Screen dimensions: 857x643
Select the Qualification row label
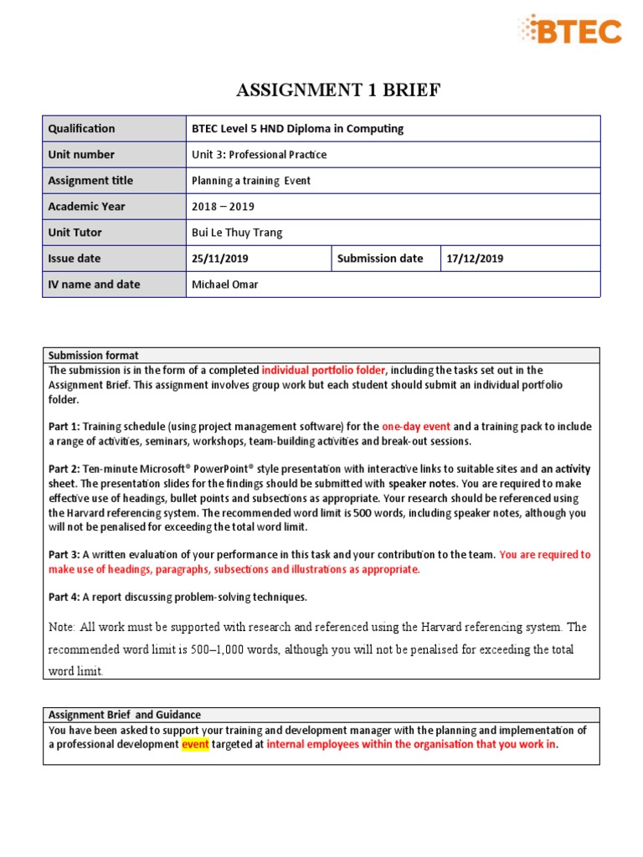coord(81,129)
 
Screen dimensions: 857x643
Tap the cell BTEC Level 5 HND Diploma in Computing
coord(297,129)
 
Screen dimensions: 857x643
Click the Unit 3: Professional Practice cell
coord(259,155)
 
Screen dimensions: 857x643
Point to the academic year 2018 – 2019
coord(223,207)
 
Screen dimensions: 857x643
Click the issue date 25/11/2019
coord(220,259)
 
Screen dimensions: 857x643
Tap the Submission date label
coord(379,259)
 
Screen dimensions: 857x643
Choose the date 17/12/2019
coord(475,259)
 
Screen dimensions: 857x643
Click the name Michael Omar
coord(224,285)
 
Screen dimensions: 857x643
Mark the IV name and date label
coord(94,285)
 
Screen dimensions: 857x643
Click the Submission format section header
coord(93,356)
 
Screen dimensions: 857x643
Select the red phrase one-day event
coord(415,426)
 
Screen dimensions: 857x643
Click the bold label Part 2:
coord(64,470)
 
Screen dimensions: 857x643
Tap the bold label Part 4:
coord(64,597)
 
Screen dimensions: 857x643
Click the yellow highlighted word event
coord(195,745)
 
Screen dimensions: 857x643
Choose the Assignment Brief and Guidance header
coord(124,715)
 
